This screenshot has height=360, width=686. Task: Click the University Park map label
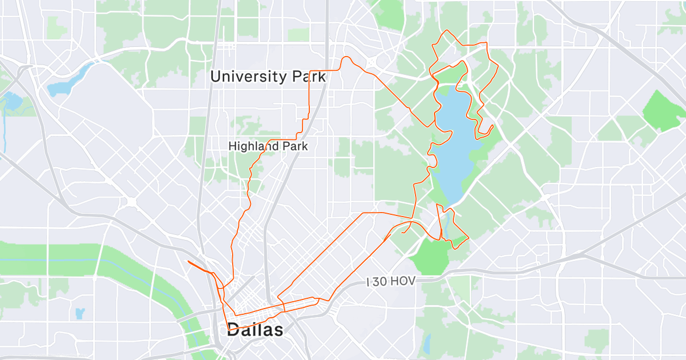[x=268, y=76]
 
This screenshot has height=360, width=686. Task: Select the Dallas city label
[x=255, y=330]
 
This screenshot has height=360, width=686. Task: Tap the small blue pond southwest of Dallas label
[x=79, y=313]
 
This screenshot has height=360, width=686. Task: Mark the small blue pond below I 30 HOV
[x=427, y=343]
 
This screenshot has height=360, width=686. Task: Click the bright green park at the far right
[x=665, y=110]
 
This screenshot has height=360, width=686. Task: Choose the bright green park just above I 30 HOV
[x=433, y=255]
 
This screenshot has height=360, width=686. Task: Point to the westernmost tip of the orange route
[x=188, y=261]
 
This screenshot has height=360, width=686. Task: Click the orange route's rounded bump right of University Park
[x=346, y=59]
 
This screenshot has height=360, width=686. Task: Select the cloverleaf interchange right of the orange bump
[x=372, y=62]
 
